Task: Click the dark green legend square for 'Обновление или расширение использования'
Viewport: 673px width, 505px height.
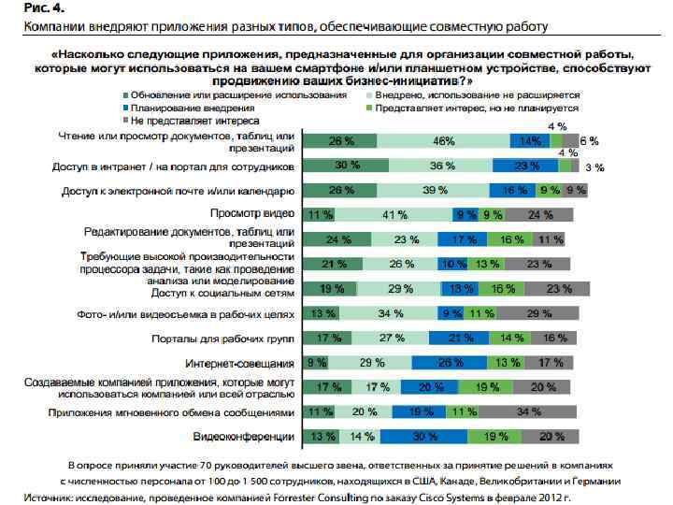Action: pyautogui.click(x=123, y=94)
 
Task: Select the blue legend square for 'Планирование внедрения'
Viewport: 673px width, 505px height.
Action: pyautogui.click(x=123, y=108)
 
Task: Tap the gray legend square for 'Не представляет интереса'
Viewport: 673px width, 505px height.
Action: pyautogui.click(x=123, y=121)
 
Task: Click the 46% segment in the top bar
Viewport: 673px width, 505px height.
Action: pyautogui.click(x=443, y=141)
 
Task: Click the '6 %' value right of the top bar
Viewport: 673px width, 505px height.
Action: pyautogui.click(x=591, y=141)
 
